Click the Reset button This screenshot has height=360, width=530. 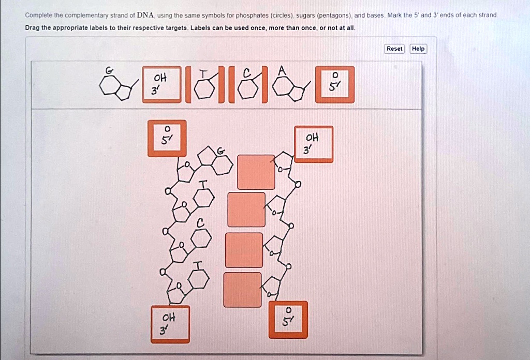tap(394, 49)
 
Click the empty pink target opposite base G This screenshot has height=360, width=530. tap(256, 172)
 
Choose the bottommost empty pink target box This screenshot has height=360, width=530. tap(242, 289)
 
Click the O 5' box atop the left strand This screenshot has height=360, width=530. tap(167, 138)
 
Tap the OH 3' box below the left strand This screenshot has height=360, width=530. tap(170, 324)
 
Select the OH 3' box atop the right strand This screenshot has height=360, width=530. tap(314, 144)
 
